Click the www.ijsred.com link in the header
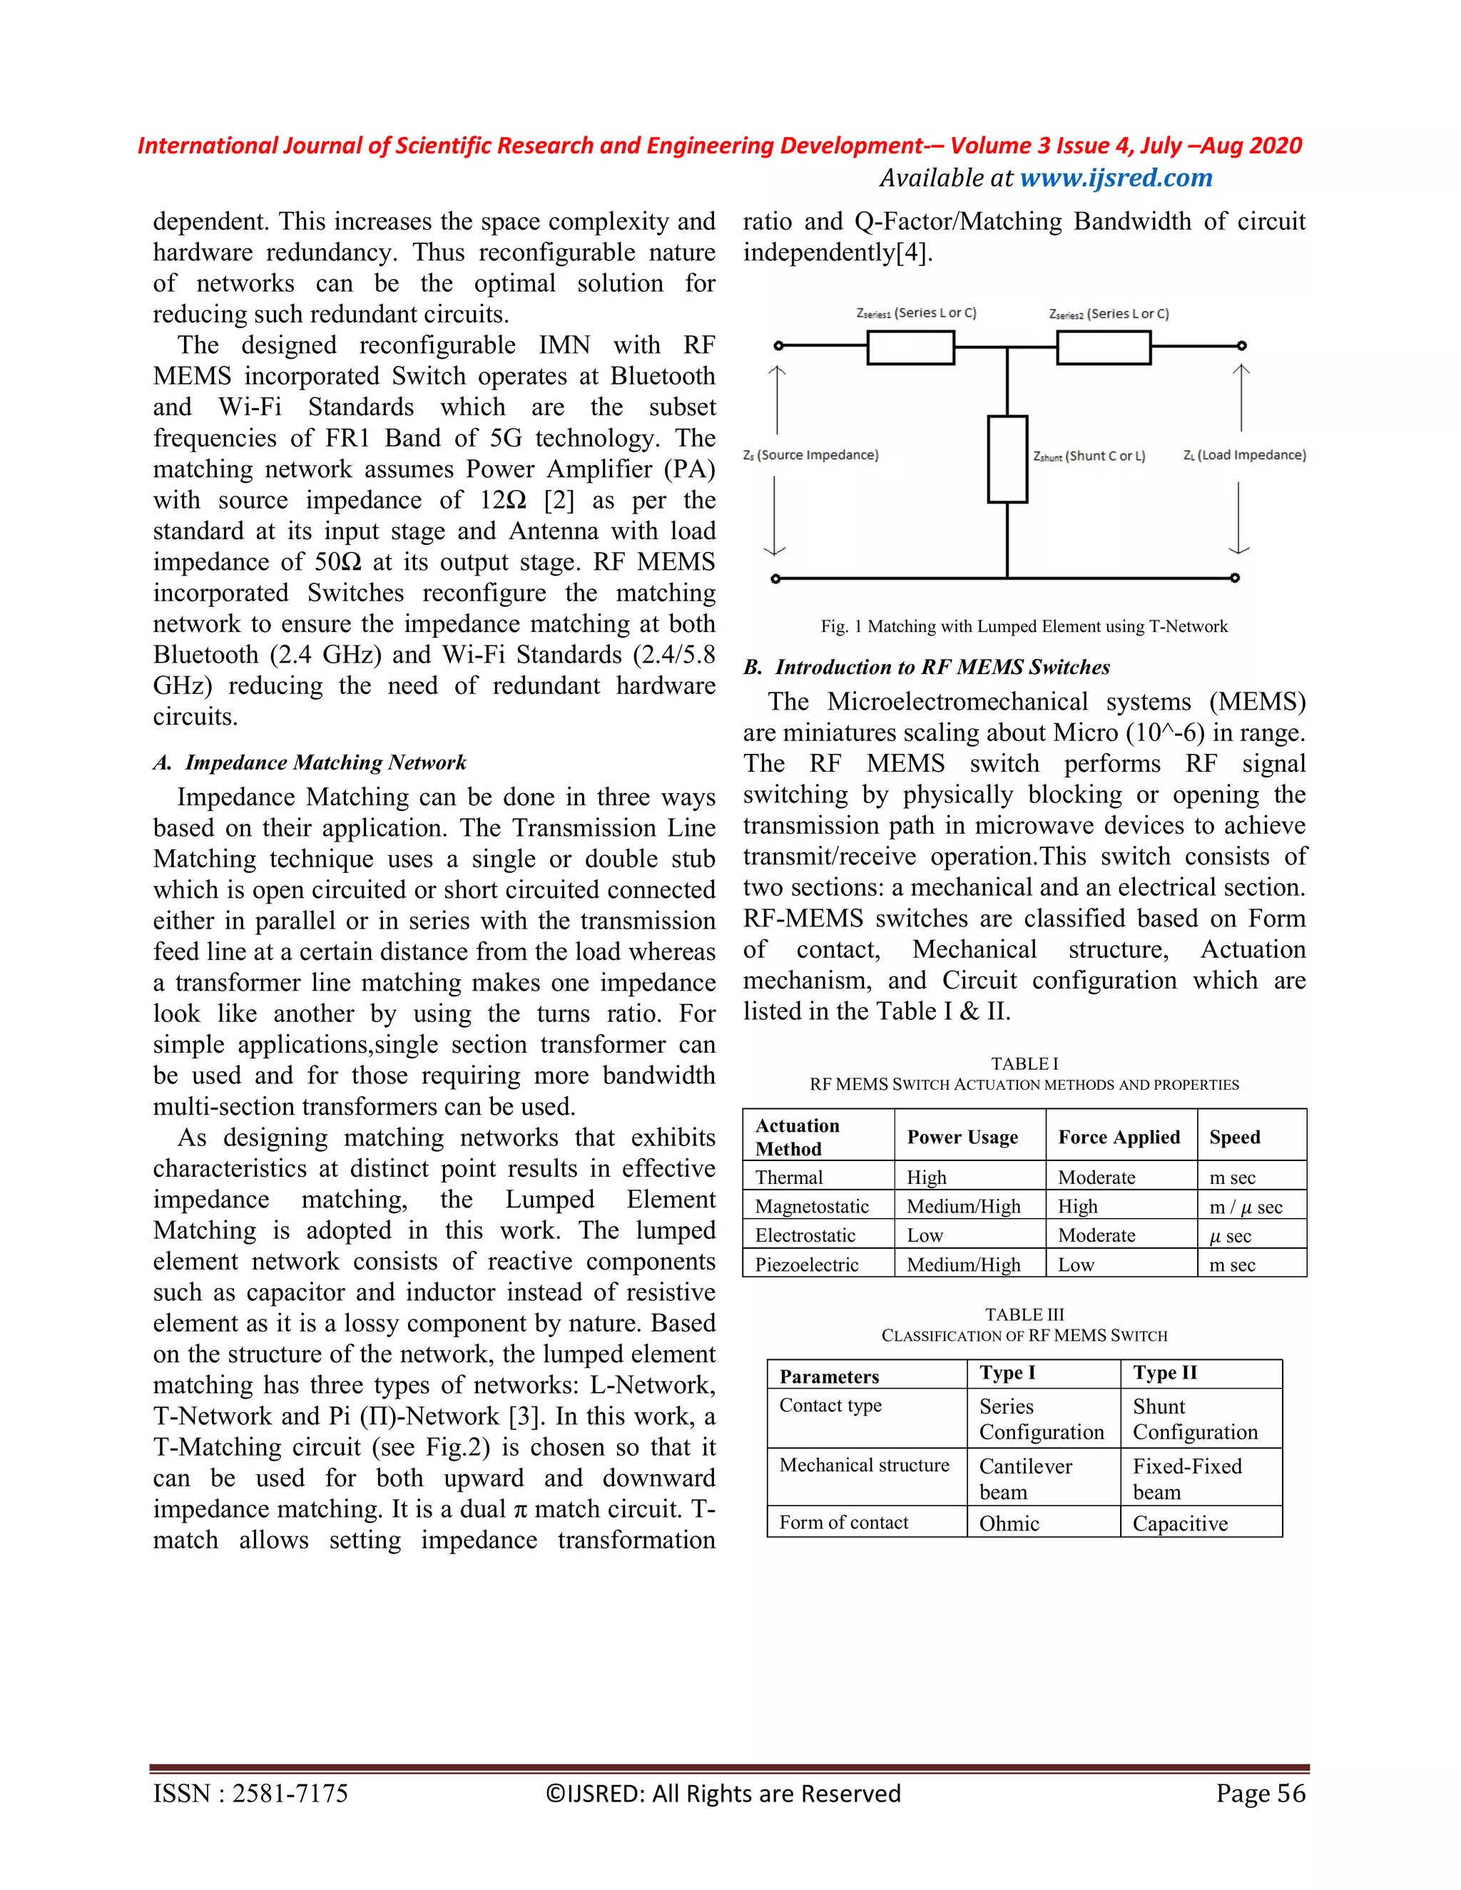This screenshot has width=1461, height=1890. tap(1116, 178)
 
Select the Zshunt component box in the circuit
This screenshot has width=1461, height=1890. tap(1007, 459)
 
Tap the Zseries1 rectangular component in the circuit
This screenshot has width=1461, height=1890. tap(910, 348)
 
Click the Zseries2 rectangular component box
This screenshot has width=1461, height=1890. tap(1103, 348)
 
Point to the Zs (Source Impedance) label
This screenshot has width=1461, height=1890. tap(810, 455)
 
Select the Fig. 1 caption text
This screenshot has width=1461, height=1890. tap(1024, 625)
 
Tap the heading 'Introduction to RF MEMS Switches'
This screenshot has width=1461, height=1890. tap(942, 668)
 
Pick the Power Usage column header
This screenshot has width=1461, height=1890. tap(962, 1137)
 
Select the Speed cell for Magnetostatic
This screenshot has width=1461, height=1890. tap(1245, 1206)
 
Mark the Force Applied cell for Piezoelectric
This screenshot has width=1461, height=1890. tap(1076, 1265)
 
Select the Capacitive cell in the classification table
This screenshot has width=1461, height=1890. tap(1180, 1524)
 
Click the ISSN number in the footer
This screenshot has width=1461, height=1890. tap(250, 1794)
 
